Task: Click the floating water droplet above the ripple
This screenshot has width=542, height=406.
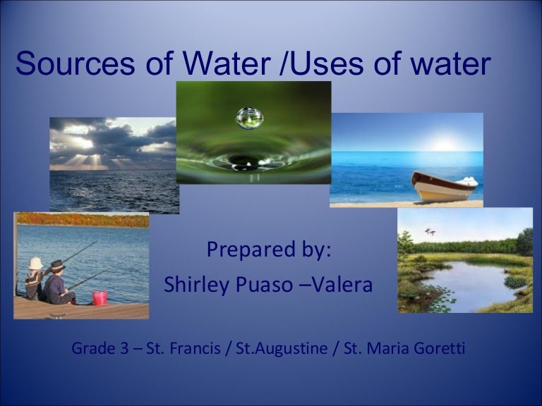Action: (x=248, y=117)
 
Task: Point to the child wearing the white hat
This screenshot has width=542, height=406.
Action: (x=35, y=278)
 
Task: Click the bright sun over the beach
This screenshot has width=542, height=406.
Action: (x=444, y=144)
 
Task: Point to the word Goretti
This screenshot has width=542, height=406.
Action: (x=440, y=348)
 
